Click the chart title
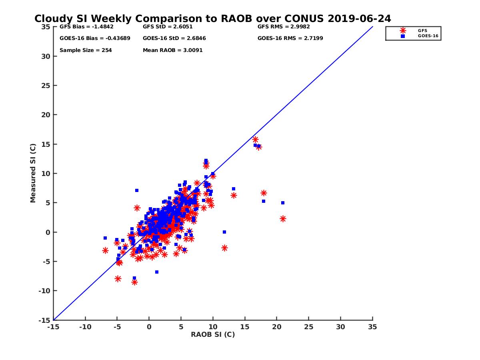[x=212, y=19]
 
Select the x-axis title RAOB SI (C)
[x=212, y=334]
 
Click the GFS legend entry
[x=422, y=30]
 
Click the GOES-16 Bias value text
[x=95, y=38]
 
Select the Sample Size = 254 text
[x=86, y=50]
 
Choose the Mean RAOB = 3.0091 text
[x=172, y=50]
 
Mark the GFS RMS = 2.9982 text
[x=284, y=27]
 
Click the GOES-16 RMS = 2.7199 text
[x=290, y=38]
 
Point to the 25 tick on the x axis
[x=308, y=327]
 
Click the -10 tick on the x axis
[x=85, y=327]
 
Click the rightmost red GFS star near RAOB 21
[x=283, y=219]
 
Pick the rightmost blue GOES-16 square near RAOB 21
[x=282, y=203]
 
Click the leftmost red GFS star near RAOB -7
[x=105, y=250]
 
